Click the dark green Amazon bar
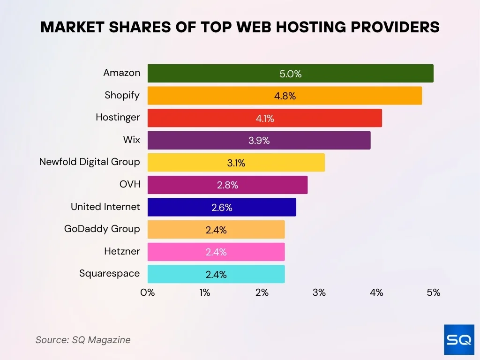click(290, 73)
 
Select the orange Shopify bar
click(285, 96)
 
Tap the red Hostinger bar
click(264, 118)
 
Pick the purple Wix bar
click(259, 141)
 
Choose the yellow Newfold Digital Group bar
click(236, 163)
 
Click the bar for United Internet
click(222, 207)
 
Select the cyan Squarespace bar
click(216, 274)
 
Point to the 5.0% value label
click(291, 74)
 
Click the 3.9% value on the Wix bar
click(259, 141)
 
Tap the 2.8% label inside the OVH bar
click(227, 185)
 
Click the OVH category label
click(130, 184)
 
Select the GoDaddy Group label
click(102, 229)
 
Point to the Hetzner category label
click(122, 251)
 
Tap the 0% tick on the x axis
click(148, 292)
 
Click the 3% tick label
click(319, 292)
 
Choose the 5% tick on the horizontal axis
click(434, 292)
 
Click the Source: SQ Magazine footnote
click(83, 340)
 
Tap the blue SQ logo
click(459, 339)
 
